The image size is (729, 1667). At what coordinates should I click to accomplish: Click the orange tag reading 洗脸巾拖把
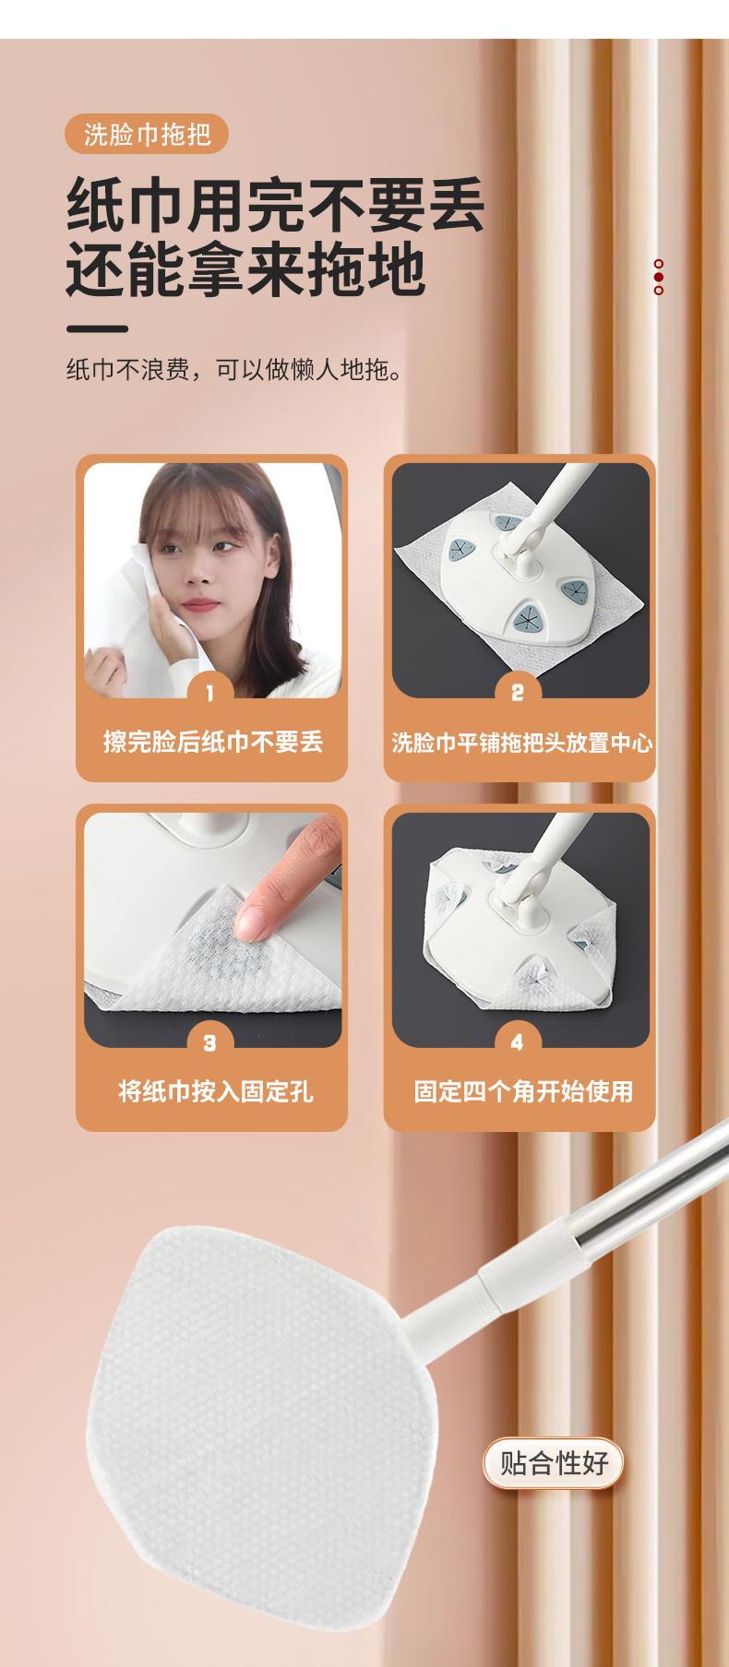[147, 135]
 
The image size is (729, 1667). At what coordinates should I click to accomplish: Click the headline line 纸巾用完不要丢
[275, 205]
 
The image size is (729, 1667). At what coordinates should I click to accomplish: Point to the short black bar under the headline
[97, 328]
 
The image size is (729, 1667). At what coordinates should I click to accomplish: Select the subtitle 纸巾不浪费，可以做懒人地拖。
[234, 370]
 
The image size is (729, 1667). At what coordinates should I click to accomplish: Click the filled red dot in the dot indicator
[659, 277]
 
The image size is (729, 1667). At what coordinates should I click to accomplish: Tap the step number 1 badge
[209, 692]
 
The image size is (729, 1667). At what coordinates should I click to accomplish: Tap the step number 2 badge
[518, 692]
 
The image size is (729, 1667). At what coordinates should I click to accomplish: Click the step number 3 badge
[209, 1042]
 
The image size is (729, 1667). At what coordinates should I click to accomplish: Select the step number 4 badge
[518, 1042]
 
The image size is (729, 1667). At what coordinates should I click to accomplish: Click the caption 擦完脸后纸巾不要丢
[213, 742]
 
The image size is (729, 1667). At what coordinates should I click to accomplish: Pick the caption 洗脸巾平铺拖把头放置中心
[521, 743]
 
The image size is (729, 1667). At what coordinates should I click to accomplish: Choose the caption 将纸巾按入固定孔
[216, 1091]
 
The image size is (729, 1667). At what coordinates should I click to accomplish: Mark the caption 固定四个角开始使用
[523, 1091]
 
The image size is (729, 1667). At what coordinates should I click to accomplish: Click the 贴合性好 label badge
[554, 1462]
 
